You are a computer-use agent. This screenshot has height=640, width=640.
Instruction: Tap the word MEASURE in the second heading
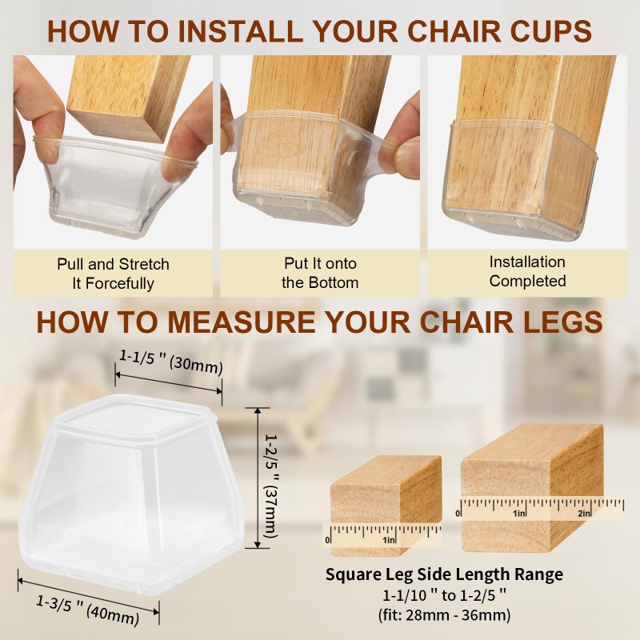pos(242,322)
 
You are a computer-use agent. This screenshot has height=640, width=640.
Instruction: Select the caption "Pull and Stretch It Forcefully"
pos(113,274)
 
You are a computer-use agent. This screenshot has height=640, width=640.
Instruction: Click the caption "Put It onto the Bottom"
pos(320,273)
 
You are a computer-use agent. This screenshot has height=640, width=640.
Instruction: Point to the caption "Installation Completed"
pos(527,271)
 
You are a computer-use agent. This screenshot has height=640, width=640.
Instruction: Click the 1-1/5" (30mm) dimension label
pos(171,362)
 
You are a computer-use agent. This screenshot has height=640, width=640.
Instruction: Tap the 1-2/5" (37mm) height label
pos(271,485)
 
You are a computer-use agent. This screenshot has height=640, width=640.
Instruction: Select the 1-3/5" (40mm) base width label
pos(88,610)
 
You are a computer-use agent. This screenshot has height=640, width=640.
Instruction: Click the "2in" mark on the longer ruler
pos(585,514)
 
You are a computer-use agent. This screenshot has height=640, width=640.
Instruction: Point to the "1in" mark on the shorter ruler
pos(389,540)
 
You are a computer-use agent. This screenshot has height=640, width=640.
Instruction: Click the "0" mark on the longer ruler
pos(458,514)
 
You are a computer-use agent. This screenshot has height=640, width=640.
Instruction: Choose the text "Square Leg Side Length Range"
pos(444,574)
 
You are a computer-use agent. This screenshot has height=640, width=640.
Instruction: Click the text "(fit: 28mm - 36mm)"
pos(444,614)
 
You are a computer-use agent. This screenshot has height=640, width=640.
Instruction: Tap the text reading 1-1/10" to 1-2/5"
pos(444,595)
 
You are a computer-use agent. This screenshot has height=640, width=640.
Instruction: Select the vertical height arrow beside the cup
pos(258,478)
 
